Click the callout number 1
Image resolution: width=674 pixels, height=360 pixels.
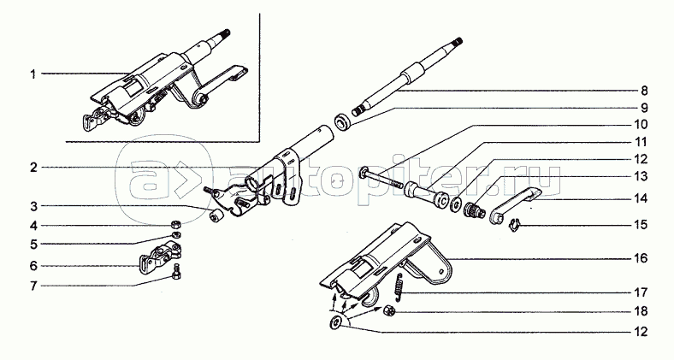(x=33, y=74)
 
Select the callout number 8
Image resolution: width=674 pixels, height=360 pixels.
(x=643, y=91)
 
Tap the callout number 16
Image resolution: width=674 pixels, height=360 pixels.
(x=640, y=258)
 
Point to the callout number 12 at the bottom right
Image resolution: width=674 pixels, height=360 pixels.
(x=640, y=332)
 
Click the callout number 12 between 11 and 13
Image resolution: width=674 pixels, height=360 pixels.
(x=640, y=159)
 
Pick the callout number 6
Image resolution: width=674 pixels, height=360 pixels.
(x=33, y=266)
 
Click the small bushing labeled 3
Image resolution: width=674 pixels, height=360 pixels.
(x=216, y=216)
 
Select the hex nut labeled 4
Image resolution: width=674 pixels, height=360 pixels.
(x=175, y=224)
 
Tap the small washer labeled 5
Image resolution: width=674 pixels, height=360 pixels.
(x=175, y=234)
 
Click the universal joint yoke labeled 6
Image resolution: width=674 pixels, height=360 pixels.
(x=160, y=257)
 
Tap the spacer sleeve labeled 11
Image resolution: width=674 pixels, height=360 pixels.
(x=427, y=195)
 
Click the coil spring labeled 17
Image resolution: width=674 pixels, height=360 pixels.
(x=399, y=286)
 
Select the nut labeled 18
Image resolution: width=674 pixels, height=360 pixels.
(x=387, y=310)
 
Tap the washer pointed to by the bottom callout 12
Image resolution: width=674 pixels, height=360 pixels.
(x=335, y=322)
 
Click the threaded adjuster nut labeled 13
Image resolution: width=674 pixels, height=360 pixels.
(x=476, y=210)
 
